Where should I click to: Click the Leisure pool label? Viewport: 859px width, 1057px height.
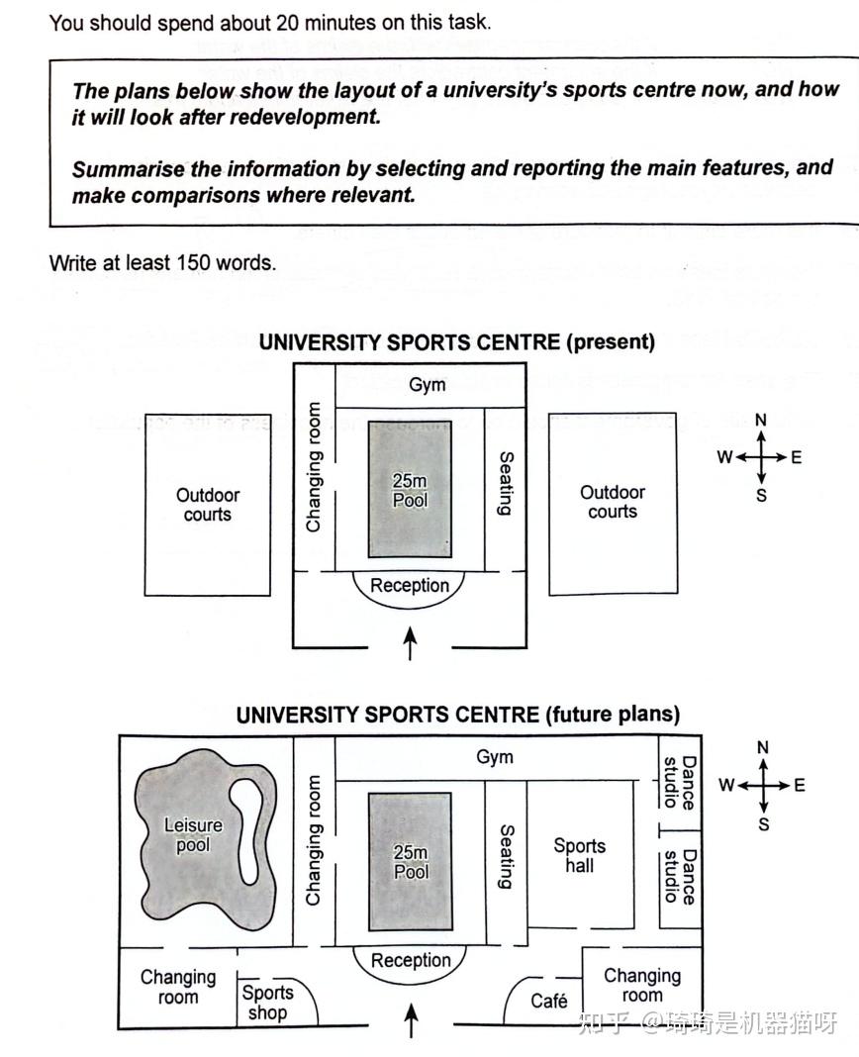click(x=193, y=834)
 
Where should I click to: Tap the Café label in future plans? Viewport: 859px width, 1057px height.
click(x=549, y=1001)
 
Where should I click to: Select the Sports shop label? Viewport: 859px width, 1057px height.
click(x=267, y=1003)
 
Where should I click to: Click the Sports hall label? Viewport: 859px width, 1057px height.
click(x=580, y=855)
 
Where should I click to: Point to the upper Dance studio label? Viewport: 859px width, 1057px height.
click(x=679, y=782)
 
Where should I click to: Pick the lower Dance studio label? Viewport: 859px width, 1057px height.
click(x=679, y=876)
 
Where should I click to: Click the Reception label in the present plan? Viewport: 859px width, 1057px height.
click(x=410, y=585)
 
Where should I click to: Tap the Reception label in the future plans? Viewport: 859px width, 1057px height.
click(x=411, y=960)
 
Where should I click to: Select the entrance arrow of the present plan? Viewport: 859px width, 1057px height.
click(x=410, y=643)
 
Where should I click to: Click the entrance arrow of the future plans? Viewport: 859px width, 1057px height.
click(x=412, y=1019)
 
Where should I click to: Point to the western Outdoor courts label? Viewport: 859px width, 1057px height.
click(x=208, y=504)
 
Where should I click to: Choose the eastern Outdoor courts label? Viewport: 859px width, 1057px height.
click(x=613, y=502)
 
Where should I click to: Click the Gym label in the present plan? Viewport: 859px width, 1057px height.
click(x=428, y=385)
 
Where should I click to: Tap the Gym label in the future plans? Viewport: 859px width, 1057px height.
click(x=495, y=757)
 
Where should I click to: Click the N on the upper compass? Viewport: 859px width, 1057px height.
click(x=761, y=420)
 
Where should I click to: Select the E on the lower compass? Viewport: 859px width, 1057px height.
click(x=800, y=786)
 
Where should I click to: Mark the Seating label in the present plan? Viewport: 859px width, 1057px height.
click(x=506, y=483)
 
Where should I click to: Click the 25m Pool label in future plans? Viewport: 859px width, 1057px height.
click(x=411, y=862)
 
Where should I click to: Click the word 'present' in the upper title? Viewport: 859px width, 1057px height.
click(x=611, y=342)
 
